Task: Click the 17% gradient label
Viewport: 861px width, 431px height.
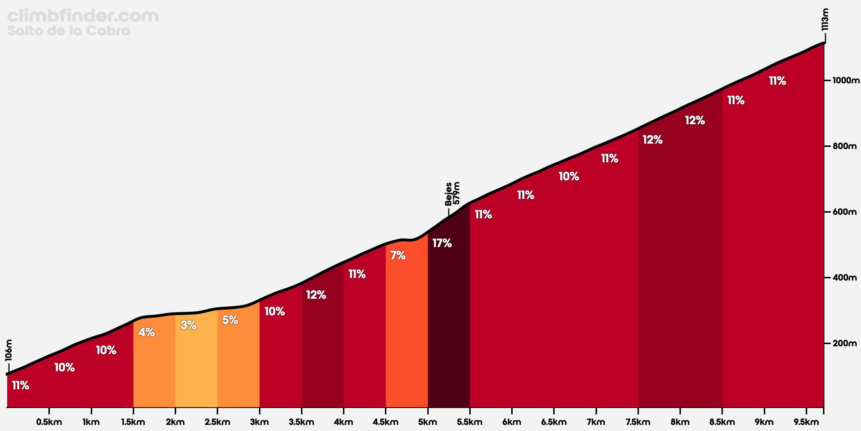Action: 442,244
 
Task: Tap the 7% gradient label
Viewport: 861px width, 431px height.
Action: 397,256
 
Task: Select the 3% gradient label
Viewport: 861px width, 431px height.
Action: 188,325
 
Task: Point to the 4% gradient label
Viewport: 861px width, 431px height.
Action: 146,333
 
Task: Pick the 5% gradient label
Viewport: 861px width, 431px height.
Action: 230,320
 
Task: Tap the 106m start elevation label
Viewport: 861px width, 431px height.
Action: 9,350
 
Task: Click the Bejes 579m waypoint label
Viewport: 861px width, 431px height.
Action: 452,194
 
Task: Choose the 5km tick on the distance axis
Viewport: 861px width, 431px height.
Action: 428,422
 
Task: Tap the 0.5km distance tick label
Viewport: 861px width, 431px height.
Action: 49,422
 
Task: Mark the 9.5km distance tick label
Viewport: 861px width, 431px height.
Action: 806,422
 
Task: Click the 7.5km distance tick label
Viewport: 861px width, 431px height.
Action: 638,422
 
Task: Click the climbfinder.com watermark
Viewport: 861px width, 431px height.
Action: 83,16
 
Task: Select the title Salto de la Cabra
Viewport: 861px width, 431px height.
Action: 69,31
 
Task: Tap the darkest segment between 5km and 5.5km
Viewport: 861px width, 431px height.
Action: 449,323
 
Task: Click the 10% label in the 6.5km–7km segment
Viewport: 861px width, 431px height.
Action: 569,176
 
